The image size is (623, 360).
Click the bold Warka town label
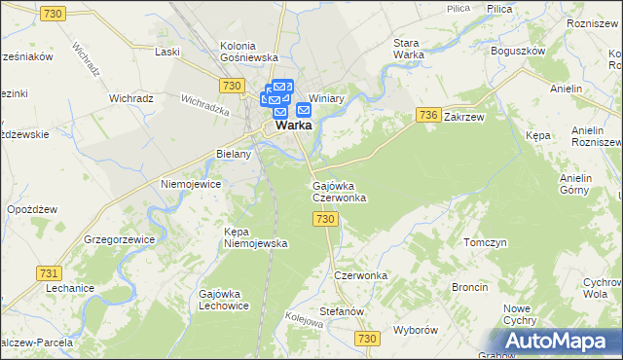tap(293, 126)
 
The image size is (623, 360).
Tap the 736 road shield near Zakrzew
tap(427, 115)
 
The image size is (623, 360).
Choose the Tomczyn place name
tap(486, 242)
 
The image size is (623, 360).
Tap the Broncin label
tap(470, 287)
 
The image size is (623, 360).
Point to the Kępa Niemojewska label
tap(255, 238)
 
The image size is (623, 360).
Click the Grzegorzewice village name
tap(122, 237)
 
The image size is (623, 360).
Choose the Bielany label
tap(234, 154)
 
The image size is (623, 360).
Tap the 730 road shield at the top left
tap(54, 13)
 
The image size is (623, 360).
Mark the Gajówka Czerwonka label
tap(339, 191)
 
